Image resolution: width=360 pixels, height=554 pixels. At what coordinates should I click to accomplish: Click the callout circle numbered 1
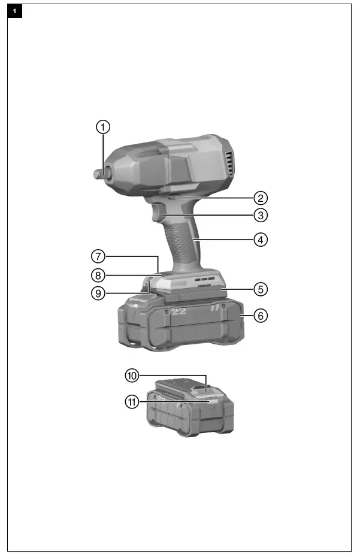[x=104, y=127]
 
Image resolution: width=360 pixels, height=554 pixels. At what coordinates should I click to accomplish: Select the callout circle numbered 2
[x=259, y=198]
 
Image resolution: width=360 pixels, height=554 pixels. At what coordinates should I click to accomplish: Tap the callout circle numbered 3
[x=259, y=214]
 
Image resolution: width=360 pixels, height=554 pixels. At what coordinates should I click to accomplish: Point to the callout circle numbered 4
[x=259, y=240]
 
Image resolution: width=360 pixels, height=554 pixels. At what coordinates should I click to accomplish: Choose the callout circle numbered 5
[x=259, y=289]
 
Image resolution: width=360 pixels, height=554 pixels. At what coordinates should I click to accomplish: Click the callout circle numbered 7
[x=99, y=256]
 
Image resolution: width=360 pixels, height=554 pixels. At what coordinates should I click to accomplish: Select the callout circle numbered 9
[x=99, y=293]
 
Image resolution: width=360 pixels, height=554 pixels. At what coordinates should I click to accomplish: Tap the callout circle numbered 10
[x=132, y=376]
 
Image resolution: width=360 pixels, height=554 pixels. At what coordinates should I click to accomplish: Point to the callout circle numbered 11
[x=132, y=402]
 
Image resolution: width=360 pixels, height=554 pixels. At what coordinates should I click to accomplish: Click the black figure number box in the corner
[x=14, y=11]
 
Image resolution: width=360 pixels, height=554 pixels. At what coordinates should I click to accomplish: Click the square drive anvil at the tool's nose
[x=97, y=172]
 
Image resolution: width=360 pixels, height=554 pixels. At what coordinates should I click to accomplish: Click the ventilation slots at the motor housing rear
[x=228, y=162]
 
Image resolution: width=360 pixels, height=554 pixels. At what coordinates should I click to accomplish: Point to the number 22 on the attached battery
[x=179, y=311]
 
